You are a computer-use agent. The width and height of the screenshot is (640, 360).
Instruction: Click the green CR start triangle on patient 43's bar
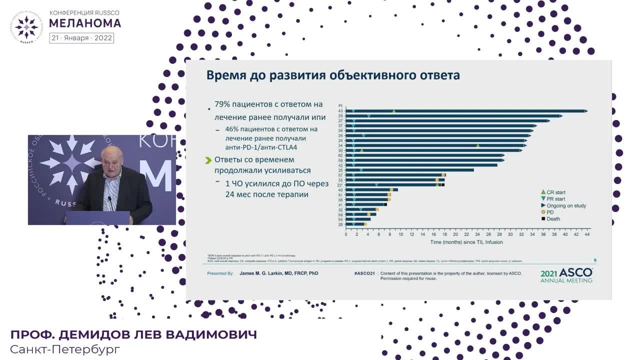(394, 111)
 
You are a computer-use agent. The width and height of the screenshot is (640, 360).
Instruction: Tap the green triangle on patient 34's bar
(478, 145)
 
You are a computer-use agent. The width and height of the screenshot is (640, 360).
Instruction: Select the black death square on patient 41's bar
(385, 204)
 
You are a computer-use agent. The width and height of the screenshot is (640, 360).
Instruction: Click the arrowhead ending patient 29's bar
(561, 116)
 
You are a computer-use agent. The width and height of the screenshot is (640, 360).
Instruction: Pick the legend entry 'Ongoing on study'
(566, 205)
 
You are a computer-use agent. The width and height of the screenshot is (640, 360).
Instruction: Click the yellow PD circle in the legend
(543, 212)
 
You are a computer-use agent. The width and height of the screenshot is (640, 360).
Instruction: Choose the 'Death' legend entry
(553, 218)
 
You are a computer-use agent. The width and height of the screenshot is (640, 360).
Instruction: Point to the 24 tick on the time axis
(466, 234)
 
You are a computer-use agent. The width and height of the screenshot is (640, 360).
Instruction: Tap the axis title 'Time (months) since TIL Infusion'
(466, 242)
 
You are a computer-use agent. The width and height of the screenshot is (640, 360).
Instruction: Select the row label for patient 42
(340, 165)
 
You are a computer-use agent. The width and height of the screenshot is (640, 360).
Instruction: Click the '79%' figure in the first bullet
(222, 104)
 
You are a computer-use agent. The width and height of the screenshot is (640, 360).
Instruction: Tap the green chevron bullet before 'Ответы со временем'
(208, 160)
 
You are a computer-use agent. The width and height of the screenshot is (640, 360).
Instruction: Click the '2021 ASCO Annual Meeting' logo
(566, 275)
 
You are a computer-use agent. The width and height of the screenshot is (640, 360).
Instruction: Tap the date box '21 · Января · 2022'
(81, 38)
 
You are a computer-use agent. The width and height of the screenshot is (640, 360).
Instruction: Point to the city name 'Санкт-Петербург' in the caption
(65, 349)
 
